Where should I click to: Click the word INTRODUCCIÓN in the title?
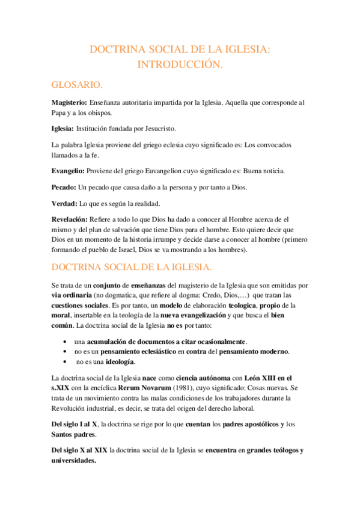tap(180, 64)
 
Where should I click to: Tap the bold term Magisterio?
tap(69, 103)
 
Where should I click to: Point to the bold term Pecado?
tap(64, 187)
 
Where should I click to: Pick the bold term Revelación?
tap(70, 220)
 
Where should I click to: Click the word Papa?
tap(61, 112)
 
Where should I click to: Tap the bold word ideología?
tap(120, 361)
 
